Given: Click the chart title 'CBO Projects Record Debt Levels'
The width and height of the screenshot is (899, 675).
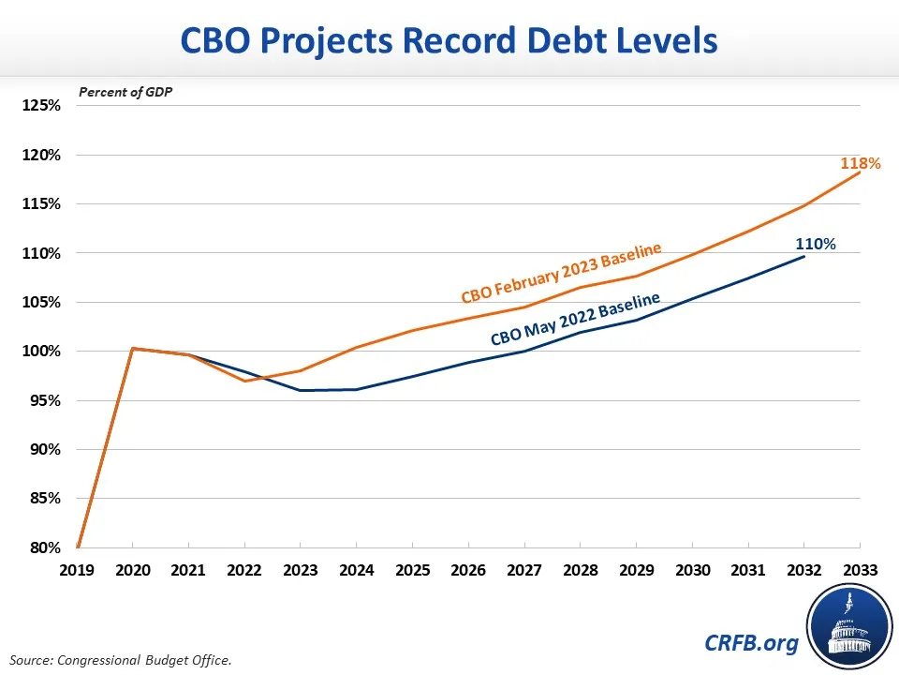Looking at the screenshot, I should tap(449, 41).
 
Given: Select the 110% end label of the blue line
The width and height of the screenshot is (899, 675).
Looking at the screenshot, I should tap(817, 244).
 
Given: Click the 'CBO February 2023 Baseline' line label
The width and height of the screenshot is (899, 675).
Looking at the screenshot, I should tap(562, 273).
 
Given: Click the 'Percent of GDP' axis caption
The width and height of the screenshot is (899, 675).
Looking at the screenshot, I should tap(119, 92).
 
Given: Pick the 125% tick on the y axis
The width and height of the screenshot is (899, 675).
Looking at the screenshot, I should tap(42, 106).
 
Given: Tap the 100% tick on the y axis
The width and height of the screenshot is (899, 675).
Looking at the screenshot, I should tap(42, 352).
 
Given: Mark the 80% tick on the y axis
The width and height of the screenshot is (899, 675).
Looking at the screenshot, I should tap(42, 547).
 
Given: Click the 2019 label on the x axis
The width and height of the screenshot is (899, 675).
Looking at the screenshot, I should tap(77, 568).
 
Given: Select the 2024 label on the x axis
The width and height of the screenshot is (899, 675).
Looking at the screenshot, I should tap(357, 568).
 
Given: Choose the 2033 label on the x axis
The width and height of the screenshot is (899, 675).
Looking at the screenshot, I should tap(860, 568).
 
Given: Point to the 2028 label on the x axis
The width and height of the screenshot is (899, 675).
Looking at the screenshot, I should tap(581, 568).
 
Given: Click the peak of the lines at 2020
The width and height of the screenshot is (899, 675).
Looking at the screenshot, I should tap(133, 349).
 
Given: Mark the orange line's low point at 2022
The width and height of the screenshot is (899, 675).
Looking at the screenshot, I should tap(244, 381).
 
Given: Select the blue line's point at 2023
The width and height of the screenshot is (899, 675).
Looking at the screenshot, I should tap(301, 390).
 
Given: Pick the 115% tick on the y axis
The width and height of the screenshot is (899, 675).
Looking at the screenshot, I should tap(42, 204).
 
